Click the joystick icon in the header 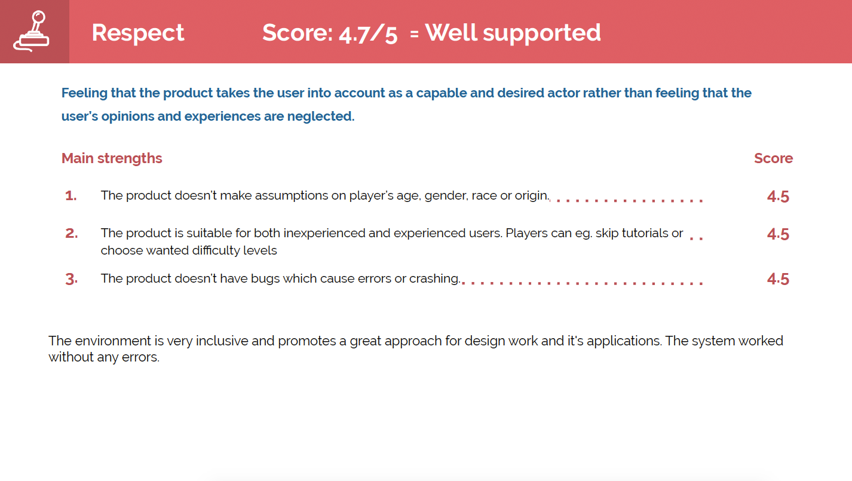[31, 31]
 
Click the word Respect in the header [138, 33]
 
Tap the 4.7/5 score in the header [368, 34]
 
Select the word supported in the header [542, 33]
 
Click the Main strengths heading [112, 158]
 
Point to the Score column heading [773, 158]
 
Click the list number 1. [71, 196]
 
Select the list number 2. [72, 234]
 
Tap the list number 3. [72, 279]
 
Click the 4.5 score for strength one [778, 197]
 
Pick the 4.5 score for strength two [778, 234]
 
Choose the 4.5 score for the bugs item [778, 279]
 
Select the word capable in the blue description [441, 93]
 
